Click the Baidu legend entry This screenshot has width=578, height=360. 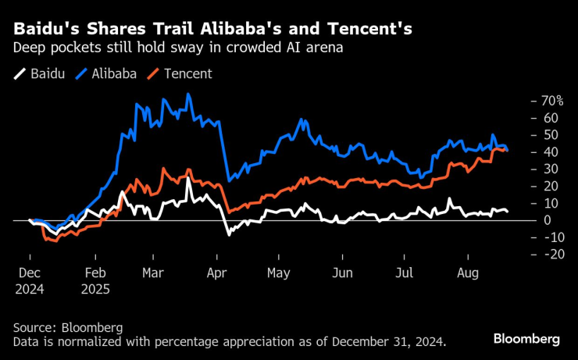[x=41, y=74]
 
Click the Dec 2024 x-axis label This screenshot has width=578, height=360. [x=30, y=281]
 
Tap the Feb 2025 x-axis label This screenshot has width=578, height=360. [x=95, y=281]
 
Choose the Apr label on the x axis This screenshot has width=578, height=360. [x=217, y=274]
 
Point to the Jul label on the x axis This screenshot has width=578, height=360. [x=404, y=274]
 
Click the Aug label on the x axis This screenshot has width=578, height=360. [x=466, y=274]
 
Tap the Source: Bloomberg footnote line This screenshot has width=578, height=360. [x=68, y=327]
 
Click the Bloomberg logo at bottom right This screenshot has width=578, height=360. [x=526, y=339]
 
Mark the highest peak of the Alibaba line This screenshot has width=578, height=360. [x=188, y=94]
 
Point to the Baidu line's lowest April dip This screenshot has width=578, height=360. [x=229, y=234]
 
